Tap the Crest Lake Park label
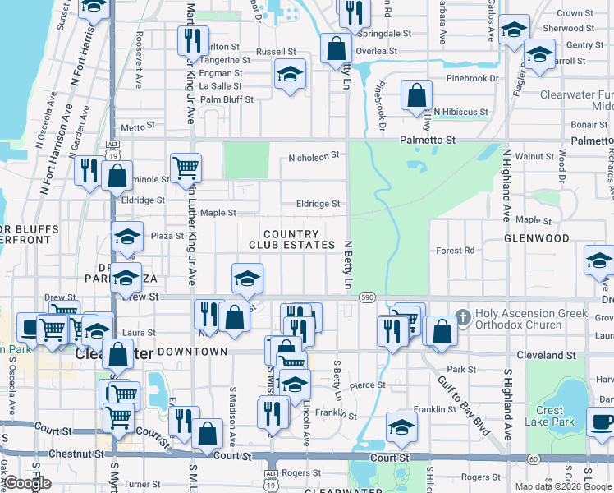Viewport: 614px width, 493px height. pos(550,416)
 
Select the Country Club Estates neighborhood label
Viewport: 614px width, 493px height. pos(292,239)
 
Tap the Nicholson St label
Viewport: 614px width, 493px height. pos(314,156)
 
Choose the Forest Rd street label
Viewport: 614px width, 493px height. pos(456,251)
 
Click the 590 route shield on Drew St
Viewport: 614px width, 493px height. pos(366,297)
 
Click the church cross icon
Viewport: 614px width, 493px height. pos(462,316)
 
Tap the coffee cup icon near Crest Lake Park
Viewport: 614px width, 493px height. pos(601,422)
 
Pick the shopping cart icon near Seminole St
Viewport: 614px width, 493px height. pos(186,168)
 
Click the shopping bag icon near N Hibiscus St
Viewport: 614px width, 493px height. pos(416,94)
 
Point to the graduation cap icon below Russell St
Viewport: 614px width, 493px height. pos(290,74)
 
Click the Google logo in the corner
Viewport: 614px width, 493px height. pos(27,483)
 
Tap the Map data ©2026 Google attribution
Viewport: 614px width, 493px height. pos(563,486)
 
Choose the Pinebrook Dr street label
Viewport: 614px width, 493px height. pos(472,79)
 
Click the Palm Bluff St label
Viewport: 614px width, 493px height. pos(227,99)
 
